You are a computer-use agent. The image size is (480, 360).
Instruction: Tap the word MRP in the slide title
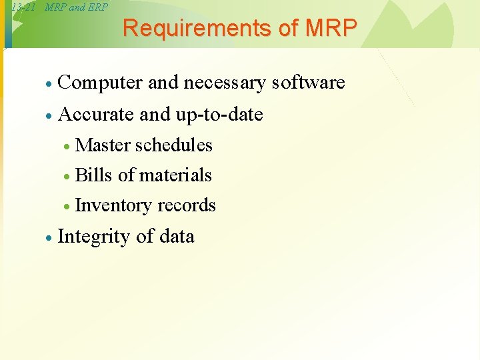click(x=331, y=29)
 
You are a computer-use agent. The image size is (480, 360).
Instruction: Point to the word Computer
click(x=101, y=83)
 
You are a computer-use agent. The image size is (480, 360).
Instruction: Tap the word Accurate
click(x=97, y=115)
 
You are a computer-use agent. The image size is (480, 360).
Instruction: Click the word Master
click(x=103, y=145)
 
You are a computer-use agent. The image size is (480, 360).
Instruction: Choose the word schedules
click(x=174, y=145)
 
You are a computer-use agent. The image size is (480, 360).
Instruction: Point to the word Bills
click(x=94, y=175)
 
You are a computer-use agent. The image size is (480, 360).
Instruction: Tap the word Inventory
click(x=113, y=205)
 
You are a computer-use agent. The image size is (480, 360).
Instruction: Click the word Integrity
click(x=94, y=237)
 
